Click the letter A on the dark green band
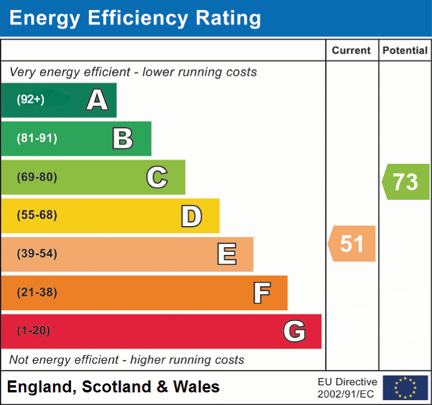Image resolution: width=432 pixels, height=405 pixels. [97, 100]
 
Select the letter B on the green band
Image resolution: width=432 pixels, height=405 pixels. [123, 139]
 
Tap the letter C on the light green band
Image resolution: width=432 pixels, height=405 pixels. [157, 177]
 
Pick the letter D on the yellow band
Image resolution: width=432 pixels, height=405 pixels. [192, 216]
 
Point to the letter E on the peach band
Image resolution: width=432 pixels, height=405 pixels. [227, 254]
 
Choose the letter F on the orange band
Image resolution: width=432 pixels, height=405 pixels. [261, 293]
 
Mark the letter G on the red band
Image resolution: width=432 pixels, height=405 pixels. [294, 331]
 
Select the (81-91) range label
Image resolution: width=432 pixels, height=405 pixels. [37, 139]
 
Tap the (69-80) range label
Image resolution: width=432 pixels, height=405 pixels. [37, 177]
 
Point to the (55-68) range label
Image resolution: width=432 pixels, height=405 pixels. [37, 215]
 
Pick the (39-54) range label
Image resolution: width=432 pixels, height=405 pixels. [37, 254]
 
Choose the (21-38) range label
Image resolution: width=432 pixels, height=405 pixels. [37, 293]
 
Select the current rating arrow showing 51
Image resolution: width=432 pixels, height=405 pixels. [352, 244]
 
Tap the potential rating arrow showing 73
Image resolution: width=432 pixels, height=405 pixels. [406, 182]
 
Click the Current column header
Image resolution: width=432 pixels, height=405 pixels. [351, 51]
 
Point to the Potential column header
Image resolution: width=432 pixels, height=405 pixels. [405, 51]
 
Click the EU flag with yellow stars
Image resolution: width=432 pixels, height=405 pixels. [405, 388]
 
